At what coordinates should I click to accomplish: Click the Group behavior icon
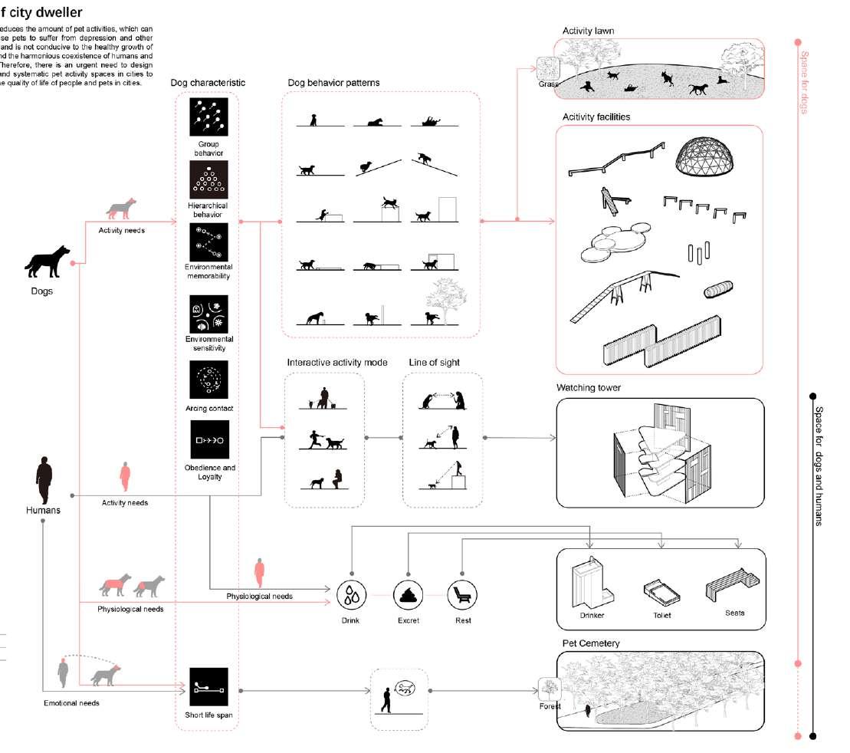[x=208, y=117]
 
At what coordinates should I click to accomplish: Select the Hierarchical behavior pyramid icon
[x=208, y=180]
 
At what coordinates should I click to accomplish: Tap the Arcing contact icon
[x=208, y=380]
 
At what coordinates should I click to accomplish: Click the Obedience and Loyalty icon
[x=208, y=439]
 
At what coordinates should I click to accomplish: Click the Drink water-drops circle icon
[x=350, y=595]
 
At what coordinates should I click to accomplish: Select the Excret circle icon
[x=408, y=595]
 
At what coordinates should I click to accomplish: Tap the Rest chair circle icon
[x=462, y=595]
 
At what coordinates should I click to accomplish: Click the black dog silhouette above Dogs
[x=48, y=261]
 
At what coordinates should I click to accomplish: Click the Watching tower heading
[x=589, y=388]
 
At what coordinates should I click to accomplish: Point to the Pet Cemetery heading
[x=591, y=643]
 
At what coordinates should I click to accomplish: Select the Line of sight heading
[x=434, y=362]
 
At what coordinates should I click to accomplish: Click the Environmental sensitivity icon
[x=208, y=314]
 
